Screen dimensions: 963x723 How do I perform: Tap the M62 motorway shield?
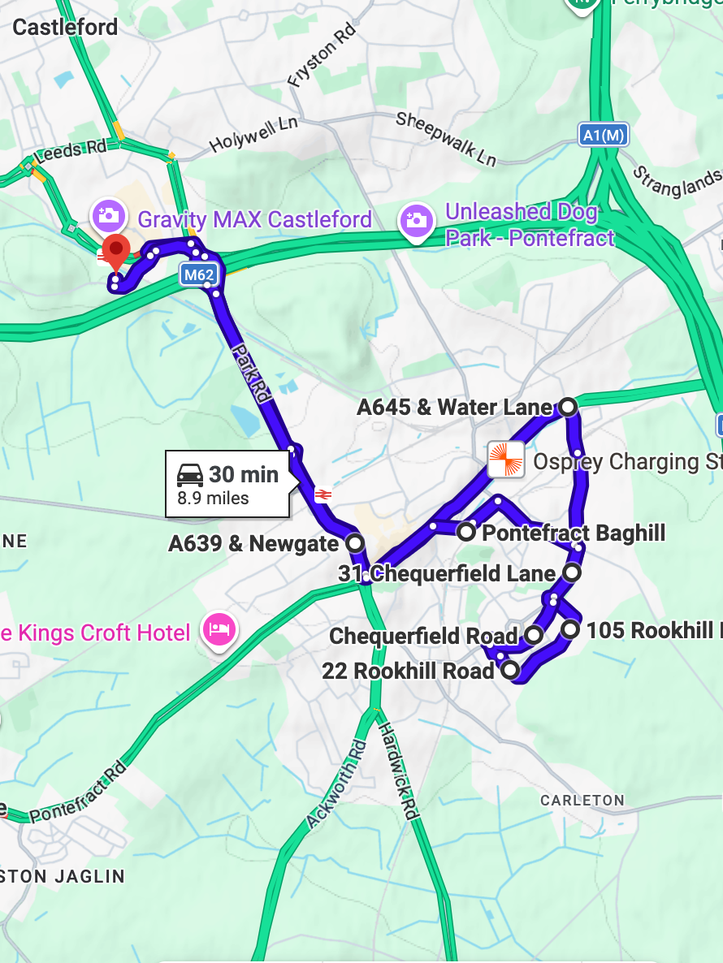(199, 274)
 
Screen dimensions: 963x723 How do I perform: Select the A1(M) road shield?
(604, 135)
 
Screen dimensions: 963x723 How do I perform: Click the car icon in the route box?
(190, 475)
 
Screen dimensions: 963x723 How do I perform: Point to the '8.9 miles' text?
(213, 499)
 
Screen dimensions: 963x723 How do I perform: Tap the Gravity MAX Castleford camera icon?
(108, 216)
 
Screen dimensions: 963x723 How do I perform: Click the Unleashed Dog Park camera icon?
(416, 219)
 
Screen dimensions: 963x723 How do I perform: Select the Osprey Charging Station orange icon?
(505, 460)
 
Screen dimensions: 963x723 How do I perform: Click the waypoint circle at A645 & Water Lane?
(568, 406)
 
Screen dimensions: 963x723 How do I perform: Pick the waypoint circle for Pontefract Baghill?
(466, 533)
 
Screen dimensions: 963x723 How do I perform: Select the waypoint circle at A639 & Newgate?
(354, 542)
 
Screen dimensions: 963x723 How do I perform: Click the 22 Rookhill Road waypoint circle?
(509, 670)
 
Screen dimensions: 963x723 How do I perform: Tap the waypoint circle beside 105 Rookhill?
(571, 628)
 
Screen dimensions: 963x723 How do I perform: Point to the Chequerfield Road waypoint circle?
(534, 634)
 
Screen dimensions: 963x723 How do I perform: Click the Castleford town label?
(65, 28)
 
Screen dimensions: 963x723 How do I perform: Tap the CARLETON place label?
(582, 801)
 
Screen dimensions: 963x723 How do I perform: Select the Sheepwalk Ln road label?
(446, 137)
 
